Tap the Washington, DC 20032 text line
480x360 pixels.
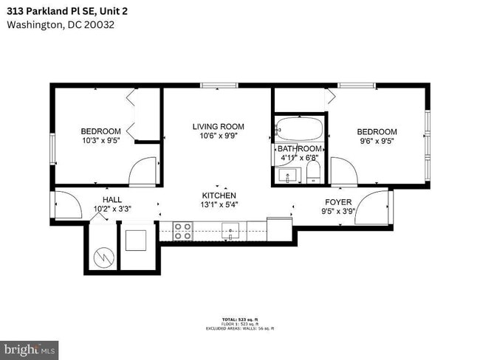point(61,24)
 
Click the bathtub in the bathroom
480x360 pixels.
point(299,131)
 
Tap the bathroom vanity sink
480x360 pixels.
point(288,176)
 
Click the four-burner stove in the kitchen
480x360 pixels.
point(182,232)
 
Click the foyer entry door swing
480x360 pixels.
point(375,207)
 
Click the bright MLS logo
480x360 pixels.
point(30,349)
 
